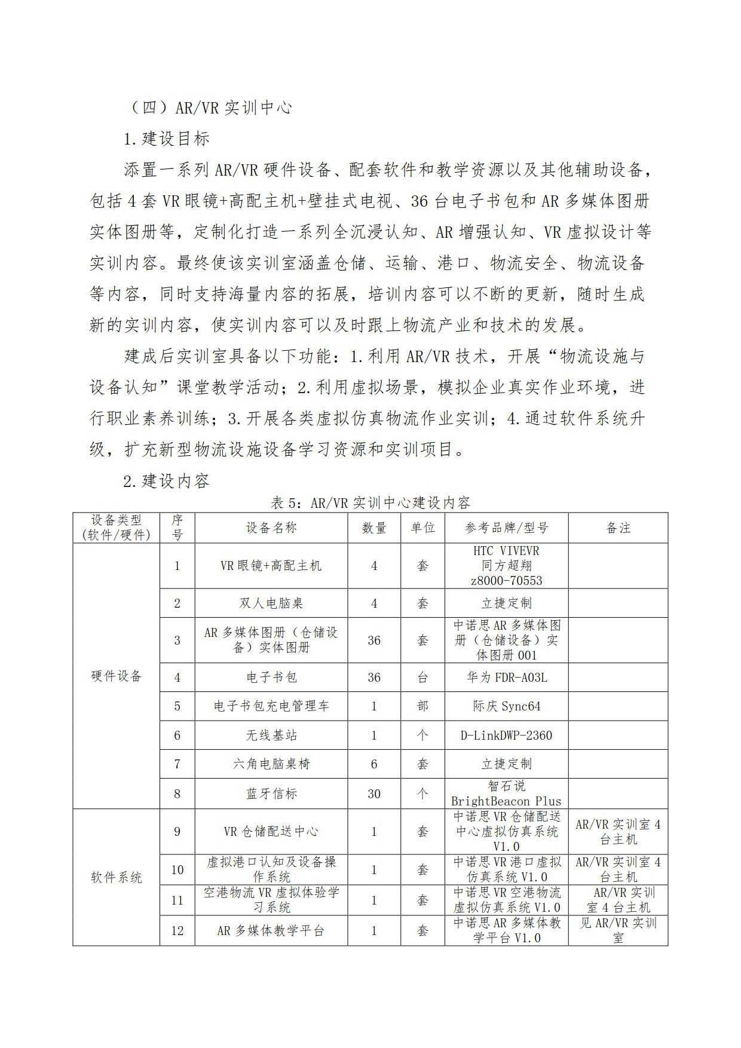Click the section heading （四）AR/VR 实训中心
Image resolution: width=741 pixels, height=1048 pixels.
tap(211, 108)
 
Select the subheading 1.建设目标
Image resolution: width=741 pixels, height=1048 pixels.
tap(167, 139)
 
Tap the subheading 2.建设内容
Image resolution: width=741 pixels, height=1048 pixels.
tap(166, 480)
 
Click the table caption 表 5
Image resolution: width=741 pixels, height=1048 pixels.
tap(370, 502)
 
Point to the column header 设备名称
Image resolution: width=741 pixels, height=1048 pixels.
tap(271, 528)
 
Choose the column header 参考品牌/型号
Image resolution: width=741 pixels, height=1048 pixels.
tap(506, 528)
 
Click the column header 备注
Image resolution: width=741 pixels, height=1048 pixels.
tap(618, 528)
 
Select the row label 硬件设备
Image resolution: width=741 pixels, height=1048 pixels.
tap(117, 676)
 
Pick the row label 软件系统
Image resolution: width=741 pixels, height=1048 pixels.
tap(117, 877)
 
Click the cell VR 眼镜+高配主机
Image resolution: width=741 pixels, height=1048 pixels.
tap(271, 565)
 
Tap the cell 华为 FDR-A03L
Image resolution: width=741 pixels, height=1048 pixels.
tap(506, 677)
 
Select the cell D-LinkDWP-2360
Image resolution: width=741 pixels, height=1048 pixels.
tap(506, 735)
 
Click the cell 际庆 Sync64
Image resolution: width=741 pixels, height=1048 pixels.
tap(506, 706)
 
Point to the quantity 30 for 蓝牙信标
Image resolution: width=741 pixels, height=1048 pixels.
tap(374, 793)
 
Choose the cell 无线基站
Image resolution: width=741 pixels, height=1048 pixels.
tap(271, 735)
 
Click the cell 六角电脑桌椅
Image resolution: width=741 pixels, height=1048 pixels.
tap(271, 764)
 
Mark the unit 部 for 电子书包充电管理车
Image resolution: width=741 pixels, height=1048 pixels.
tap(422, 706)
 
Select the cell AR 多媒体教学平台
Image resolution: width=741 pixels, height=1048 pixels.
tap(271, 930)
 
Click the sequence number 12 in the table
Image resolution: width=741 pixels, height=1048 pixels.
tap(177, 930)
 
